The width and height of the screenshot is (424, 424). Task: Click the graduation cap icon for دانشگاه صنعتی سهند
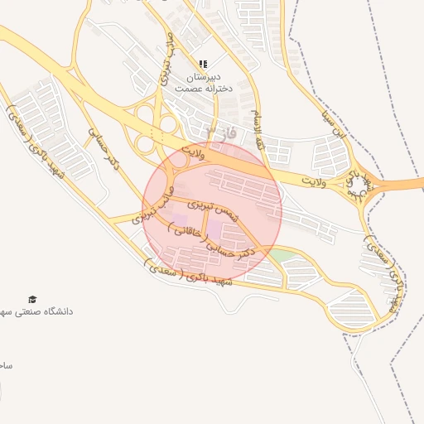32,299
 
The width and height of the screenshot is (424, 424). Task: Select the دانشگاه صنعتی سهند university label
41,312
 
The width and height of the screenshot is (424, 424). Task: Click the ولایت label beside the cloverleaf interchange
191,152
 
